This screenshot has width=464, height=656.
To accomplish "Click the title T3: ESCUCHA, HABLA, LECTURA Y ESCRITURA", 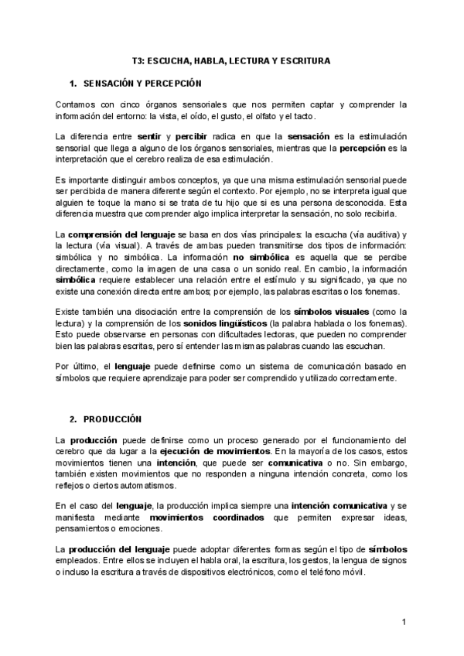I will tap(231, 60).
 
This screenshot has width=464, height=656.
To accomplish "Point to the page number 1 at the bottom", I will tap(404, 623).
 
